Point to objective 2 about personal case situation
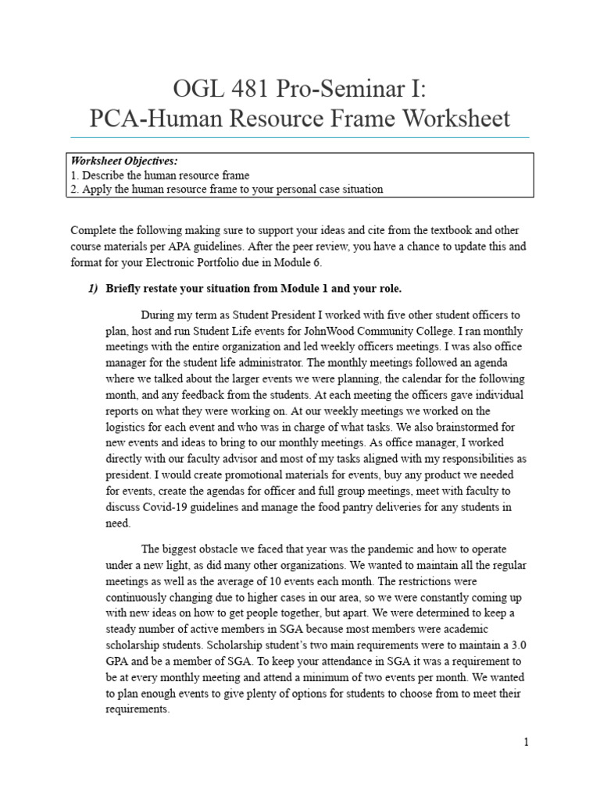tap(227, 190)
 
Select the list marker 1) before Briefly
tap(91, 289)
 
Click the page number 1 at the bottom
tap(527, 742)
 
